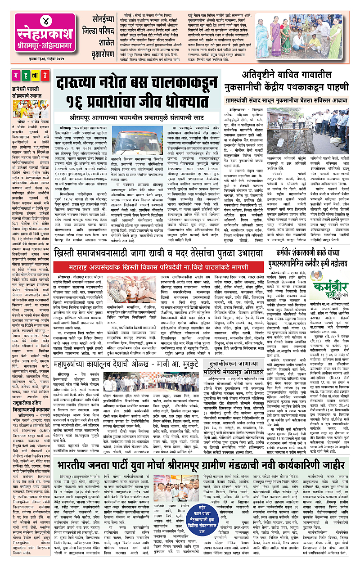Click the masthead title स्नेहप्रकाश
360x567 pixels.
coord(38,36)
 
